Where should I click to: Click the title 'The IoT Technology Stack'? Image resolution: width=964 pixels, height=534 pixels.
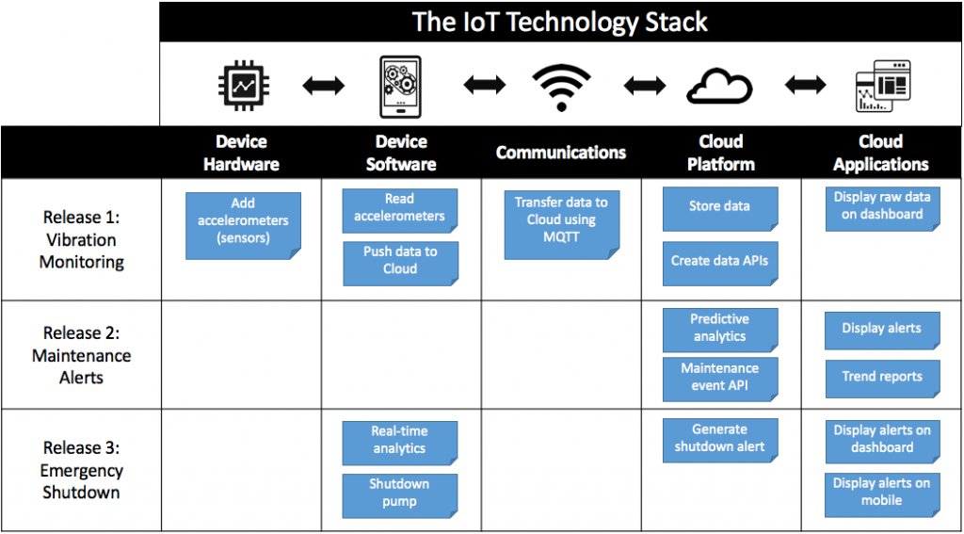pyautogui.click(x=559, y=23)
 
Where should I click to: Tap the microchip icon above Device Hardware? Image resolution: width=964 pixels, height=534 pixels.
pyautogui.click(x=241, y=87)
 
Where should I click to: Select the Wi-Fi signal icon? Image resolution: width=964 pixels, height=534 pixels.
pyautogui.click(x=561, y=88)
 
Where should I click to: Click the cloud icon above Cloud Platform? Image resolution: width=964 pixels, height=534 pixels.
pyautogui.click(x=720, y=87)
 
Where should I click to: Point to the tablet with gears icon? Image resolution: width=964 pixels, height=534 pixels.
pyautogui.click(x=401, y=87)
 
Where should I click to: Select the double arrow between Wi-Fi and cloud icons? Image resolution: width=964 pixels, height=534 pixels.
pyautogui.click(x=644, y=87)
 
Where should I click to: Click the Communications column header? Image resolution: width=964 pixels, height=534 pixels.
pyautogui.click(x=561, y=153)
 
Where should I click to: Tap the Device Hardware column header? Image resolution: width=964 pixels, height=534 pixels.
pyautogui.click(x=241, y=153)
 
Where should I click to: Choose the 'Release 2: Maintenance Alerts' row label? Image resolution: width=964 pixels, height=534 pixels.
pyautogui.click(x=81, y=355)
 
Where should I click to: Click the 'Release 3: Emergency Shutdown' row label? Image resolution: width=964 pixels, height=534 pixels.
pyautogui.click(x=81, y=470)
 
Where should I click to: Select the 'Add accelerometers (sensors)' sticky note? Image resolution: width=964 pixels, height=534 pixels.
pyautogui.click(x=243, y=226)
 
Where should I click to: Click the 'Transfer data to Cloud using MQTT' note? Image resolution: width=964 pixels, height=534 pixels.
pyautogui.click(x=561, y=225)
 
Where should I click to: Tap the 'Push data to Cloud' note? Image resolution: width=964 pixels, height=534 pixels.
pyautogui.click(x=400, y=263)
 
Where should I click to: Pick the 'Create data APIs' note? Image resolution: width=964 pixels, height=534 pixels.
pyautogui.click(x=720, y=261)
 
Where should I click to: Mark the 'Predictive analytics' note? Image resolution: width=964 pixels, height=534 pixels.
pyautogui.click(x=720, y=329)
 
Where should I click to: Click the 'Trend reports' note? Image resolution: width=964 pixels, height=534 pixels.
pyautogui.click(x=882, y=377)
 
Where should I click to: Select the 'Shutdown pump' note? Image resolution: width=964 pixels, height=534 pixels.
pyautogui.click(x=399, y=494)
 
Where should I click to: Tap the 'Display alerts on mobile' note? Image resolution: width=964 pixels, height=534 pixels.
pyautogui.click(x=882, y=494)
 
